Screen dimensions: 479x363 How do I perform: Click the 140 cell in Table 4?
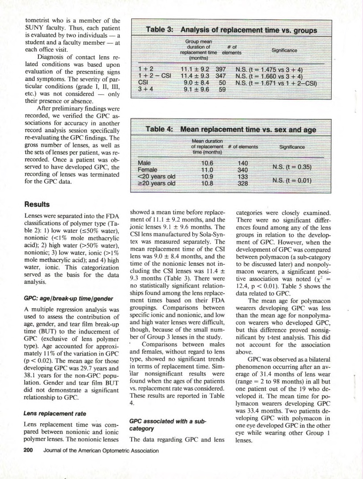(x=243, y=163)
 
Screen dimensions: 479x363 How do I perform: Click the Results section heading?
(x=38, y=205)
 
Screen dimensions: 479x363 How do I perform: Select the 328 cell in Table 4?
(x=243, y=183)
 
